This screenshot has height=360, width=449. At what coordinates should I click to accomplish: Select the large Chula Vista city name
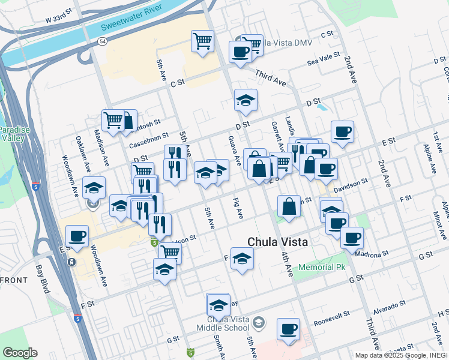click(x=278, y=241)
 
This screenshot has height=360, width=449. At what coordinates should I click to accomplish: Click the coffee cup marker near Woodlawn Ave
click(x=77, y=236)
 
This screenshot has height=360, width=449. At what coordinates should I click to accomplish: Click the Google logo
click(x=20, y=353)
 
